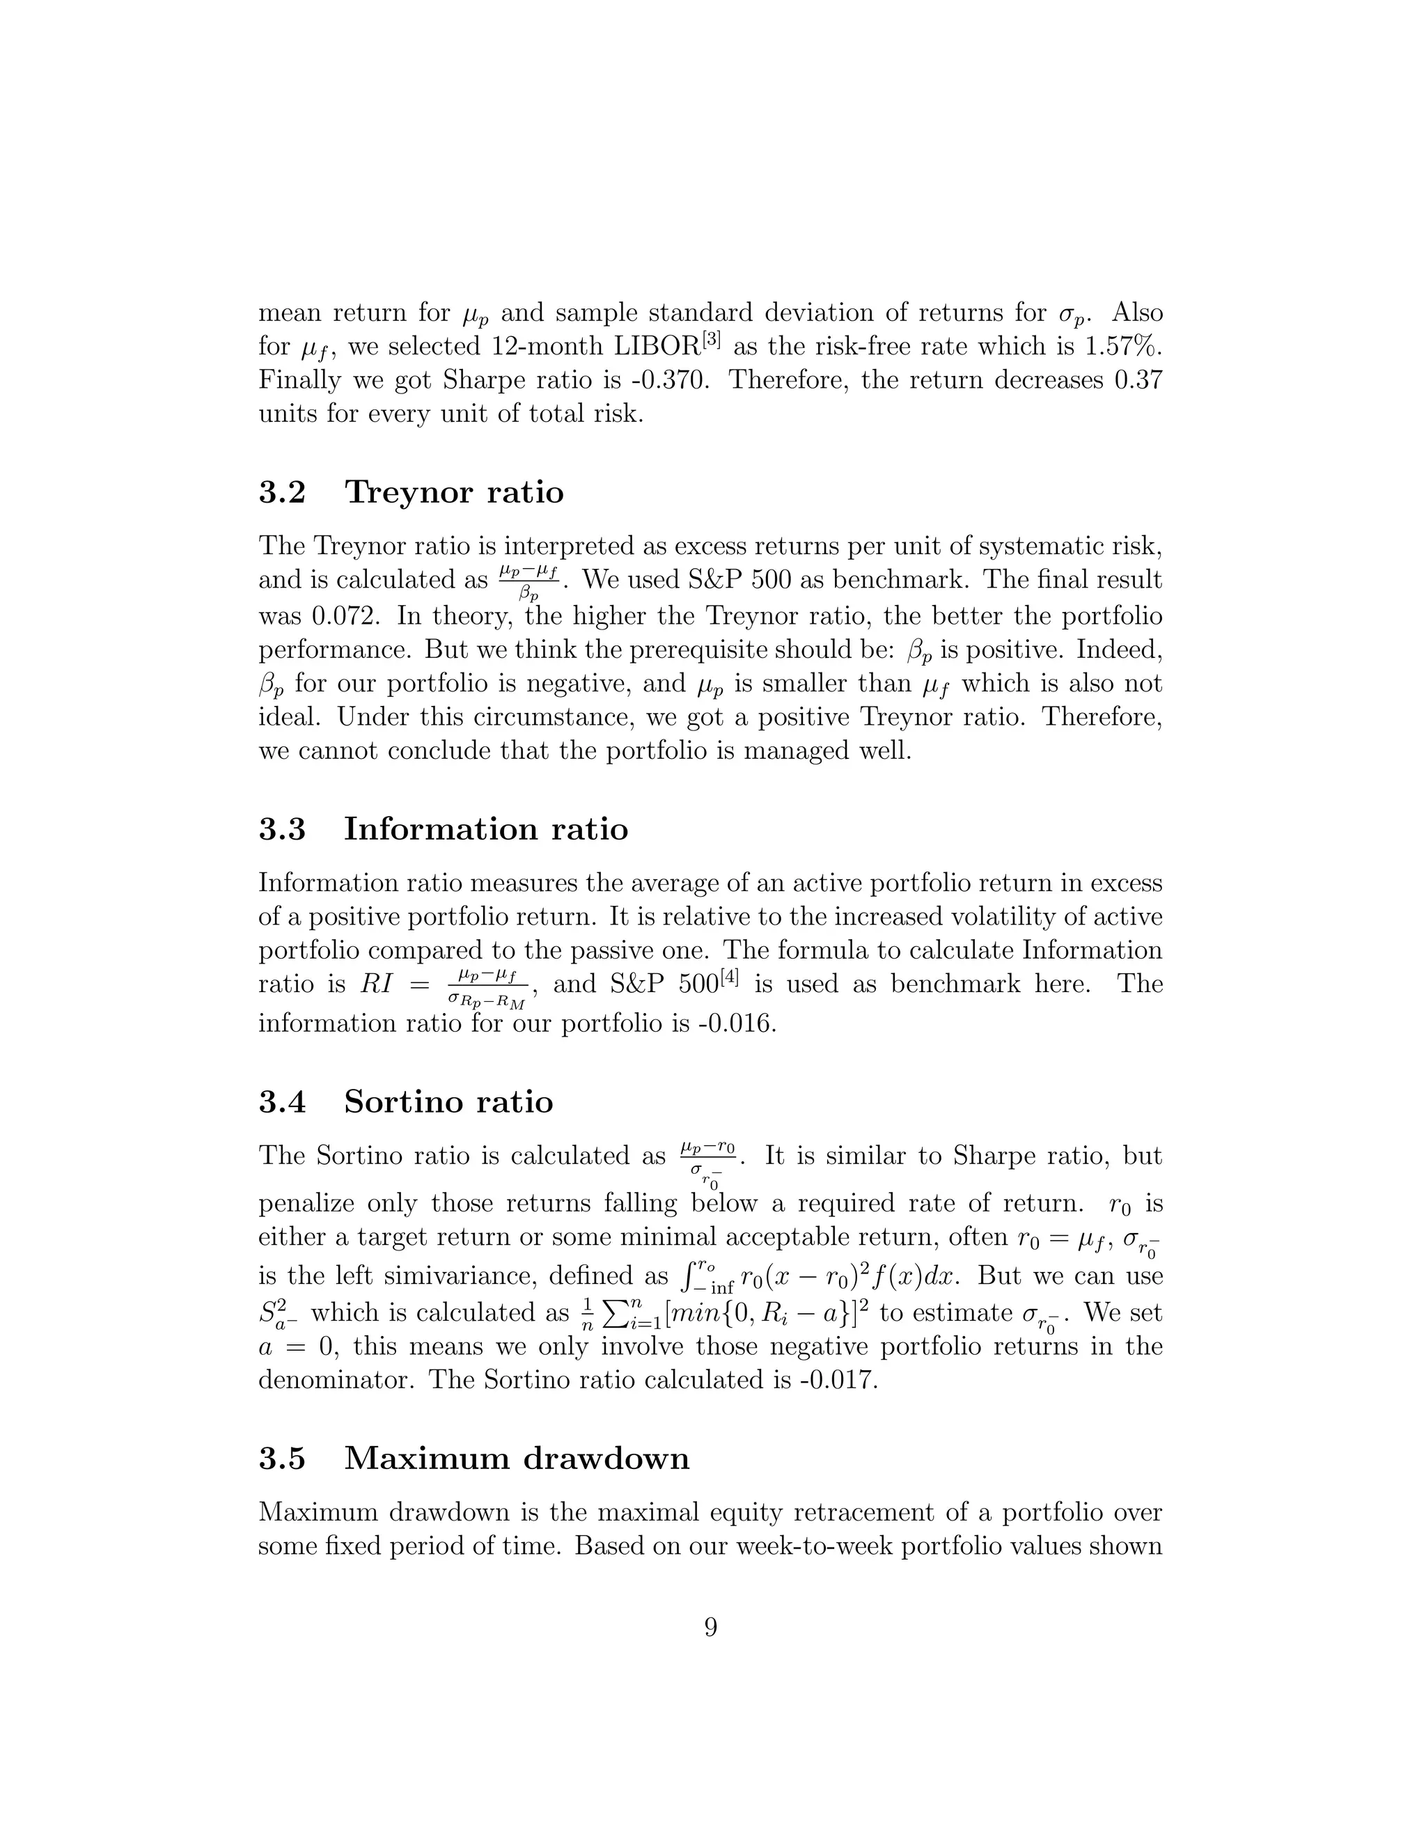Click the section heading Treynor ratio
pos(454,492)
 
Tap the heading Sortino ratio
pos(448,1101)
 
